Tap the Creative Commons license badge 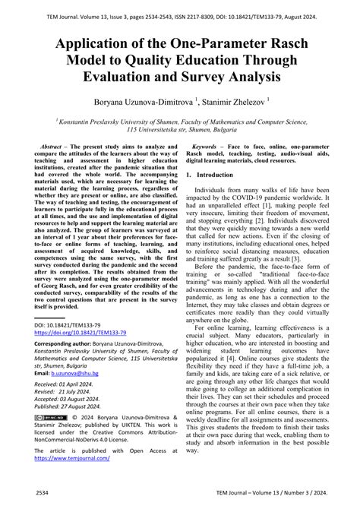tap(49, 419)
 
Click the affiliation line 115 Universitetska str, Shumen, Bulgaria tap(179, 129)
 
